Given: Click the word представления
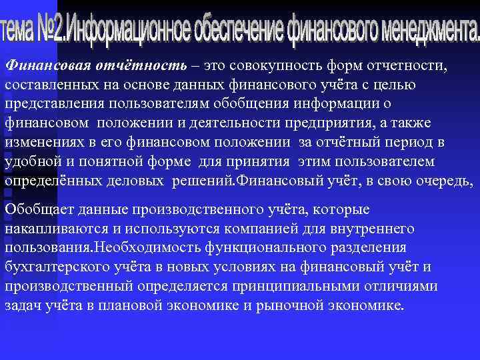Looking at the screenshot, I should pyautogui.click(x=53, y=105).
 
